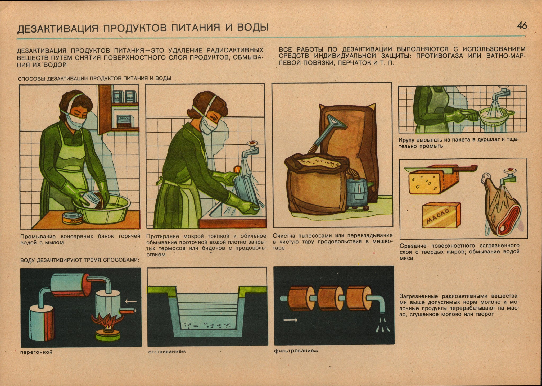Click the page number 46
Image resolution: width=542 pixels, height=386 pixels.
pos(522,26)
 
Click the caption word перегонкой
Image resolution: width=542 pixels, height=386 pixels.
pos(36,352)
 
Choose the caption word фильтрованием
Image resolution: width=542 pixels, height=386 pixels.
pos(296,351)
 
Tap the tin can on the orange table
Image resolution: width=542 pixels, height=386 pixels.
pos(73,218)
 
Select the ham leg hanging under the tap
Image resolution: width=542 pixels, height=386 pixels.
pos(502,209)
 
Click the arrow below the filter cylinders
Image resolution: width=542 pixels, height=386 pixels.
pos(290,320)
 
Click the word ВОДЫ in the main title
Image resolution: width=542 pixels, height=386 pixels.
pos(252,28)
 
